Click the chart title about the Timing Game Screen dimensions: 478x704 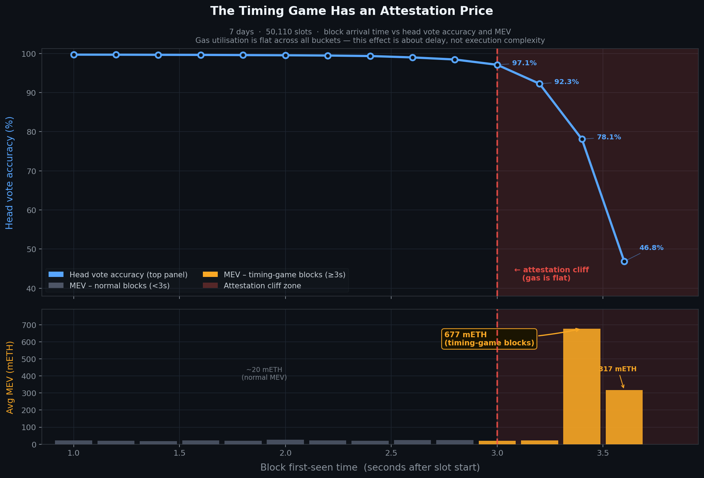(351, 11)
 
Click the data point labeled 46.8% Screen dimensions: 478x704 (624, 262)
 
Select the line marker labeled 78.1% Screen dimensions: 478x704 (582, 139)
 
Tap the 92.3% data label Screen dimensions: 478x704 (566, 82)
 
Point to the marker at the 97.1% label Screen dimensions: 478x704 (497, 65)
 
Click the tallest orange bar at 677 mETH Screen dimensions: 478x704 (582, 386)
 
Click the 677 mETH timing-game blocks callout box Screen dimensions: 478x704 (489, 339)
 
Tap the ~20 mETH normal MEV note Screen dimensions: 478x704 (264, 374)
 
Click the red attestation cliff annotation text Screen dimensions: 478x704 (551, 274)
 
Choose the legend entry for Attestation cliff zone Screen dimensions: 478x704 (262, 286)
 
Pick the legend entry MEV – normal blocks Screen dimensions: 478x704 (120, 286)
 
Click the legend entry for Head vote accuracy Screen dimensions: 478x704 (128, 275)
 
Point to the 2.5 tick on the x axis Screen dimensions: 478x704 (391, 453)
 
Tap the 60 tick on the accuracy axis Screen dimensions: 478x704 (31, 210)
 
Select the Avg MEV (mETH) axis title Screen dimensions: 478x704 (10, 377)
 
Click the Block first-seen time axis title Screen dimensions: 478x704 (370, 467)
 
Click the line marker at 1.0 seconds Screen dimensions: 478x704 (74, 55)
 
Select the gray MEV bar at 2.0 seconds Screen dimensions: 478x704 (285, 442)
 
